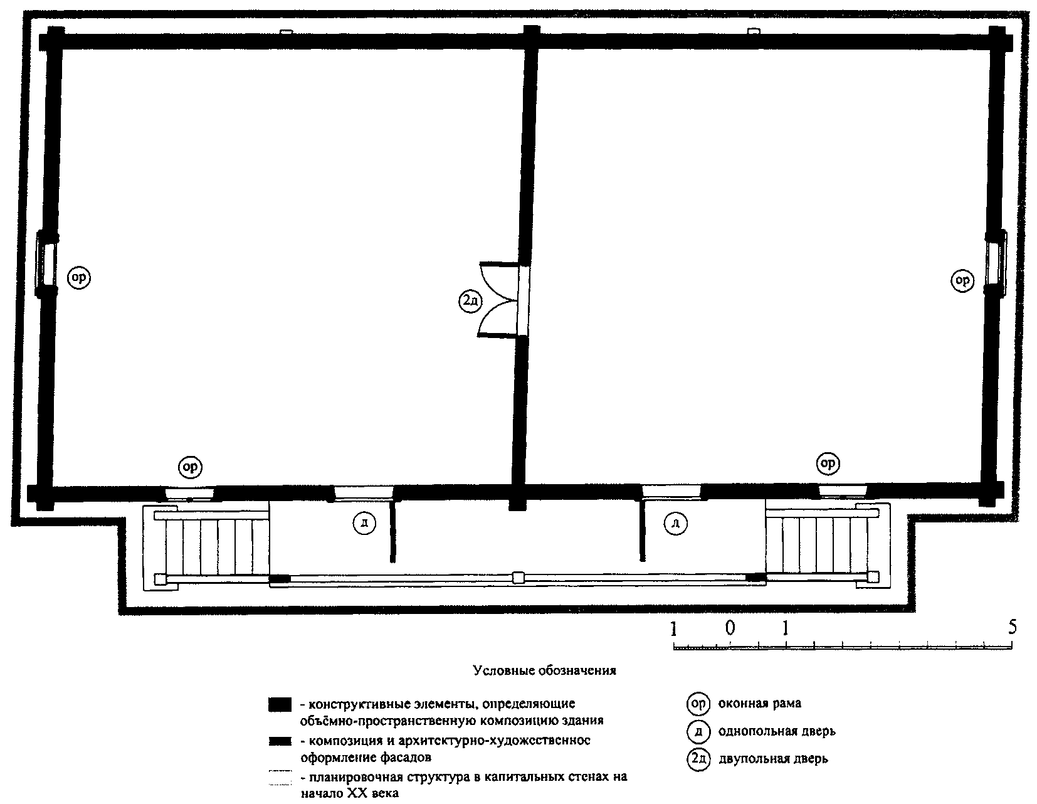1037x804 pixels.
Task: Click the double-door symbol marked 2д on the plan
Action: click(471, 301)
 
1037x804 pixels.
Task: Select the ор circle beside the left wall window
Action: click(79, 278)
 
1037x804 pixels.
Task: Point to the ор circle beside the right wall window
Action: click(962, 280)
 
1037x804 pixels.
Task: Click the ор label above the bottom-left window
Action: click(191, 467)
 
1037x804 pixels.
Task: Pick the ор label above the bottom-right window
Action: click(828, 463)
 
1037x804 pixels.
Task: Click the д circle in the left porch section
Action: click(364, 524)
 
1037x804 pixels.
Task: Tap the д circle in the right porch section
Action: click(676, 524)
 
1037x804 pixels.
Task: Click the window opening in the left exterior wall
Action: click(47, 264)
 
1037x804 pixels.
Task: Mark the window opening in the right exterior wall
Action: click(995, 263)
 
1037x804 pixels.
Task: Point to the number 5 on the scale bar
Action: click(1013, 627)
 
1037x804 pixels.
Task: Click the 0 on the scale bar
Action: click(730, 628)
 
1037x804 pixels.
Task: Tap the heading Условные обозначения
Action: click(544, 670)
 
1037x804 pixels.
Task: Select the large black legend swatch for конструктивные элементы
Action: click(280, 705)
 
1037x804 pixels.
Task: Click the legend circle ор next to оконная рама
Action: click(698, 704)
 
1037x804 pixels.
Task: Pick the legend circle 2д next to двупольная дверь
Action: click(698, 759)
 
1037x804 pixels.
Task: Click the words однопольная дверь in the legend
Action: click(777, 731)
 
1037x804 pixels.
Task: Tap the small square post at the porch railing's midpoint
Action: click(518, 578)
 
